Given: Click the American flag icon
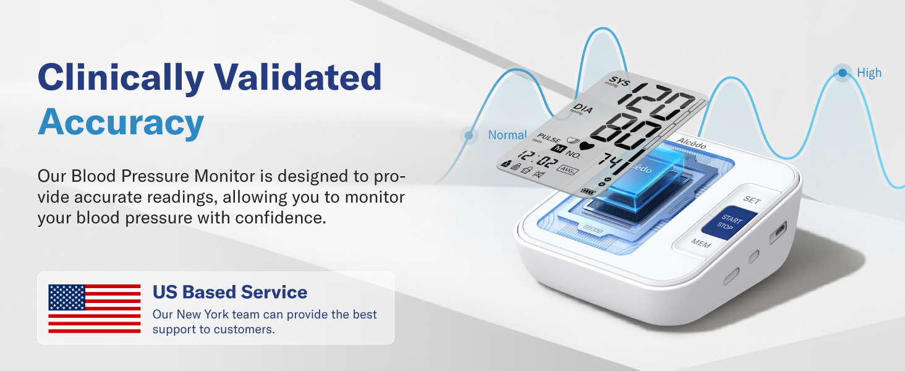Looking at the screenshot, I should (x=95, y=309).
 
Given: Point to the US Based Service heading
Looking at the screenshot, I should (x=230, y=292).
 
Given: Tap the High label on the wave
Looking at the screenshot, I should (x=869, y=73).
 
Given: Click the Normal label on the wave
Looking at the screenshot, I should (x=507, y=135).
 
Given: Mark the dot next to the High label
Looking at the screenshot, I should (x=842, y=73).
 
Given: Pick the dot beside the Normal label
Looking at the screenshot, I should (x=469, y=135).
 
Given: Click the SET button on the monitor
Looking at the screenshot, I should (x=752, y=200).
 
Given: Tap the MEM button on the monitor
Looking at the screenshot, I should (x=700, y=244).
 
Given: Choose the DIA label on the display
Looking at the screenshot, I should (x=582, y=110).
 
